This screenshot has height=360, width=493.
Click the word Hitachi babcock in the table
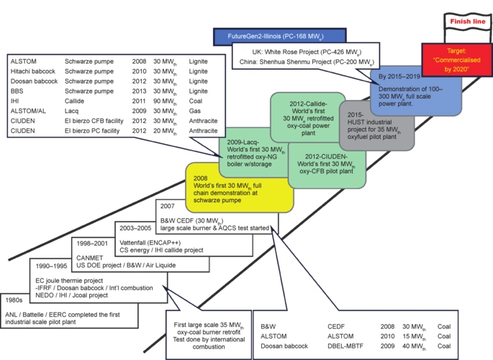pos(32,72)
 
